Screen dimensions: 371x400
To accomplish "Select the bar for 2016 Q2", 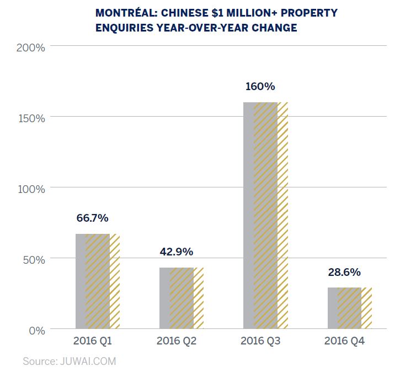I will tap(182, 298).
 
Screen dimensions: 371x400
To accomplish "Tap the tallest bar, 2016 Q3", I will tap(265, 216).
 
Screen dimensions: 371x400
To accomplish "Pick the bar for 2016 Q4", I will tap(349, 307).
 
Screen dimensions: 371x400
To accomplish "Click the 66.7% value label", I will tap(93, 218).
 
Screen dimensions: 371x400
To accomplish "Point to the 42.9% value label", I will tap(177, 252).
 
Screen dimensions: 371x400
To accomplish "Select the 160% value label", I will tap(260, 87).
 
